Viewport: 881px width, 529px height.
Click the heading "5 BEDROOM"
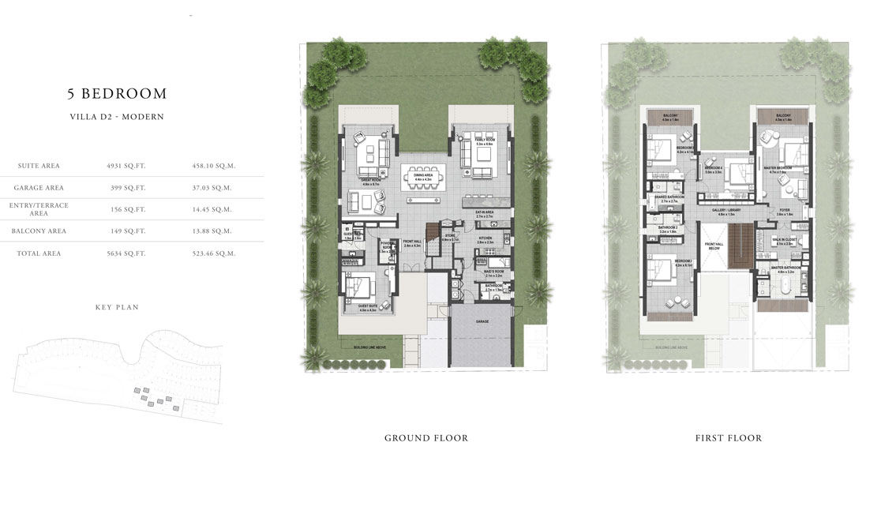pyautogui.click(x=117, y=94)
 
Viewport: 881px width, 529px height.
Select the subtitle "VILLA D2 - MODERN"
pyautogui.click(x=117, y=117)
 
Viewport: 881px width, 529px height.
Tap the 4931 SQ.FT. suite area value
pyautogui.click(x=126, y=166)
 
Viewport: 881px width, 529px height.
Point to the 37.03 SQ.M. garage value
pyautogui.click(x=214, y=188)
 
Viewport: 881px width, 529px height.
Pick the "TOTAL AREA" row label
pyautogui.click(x=37, y=253)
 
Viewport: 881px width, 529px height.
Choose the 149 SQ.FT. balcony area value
pyautogui.click(x=126, y=231)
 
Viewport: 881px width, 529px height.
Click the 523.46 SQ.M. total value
pyautogui.click(x=214, y=253)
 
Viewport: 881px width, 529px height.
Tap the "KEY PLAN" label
pyautogui.click(x=116, y=307)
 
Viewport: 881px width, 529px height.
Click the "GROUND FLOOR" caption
pyautogui.click(x=426, y=438)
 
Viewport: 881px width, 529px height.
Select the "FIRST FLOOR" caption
pyautogui.click(x=728, y=438)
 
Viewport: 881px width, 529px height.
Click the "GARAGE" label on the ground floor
pyautogui.click(x=482, y=322)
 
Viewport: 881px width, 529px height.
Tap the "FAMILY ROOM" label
pyautogui.click(x=484, y=140)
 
